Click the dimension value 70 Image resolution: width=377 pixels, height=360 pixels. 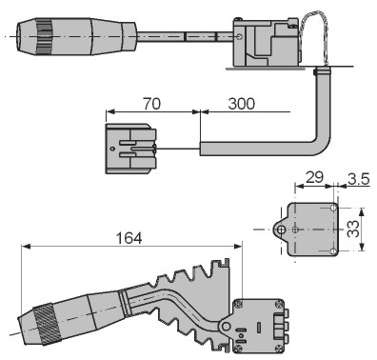[x=151, y=104]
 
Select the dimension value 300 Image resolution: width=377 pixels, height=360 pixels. [x=241, y=104]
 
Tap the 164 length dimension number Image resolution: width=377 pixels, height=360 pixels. [x=129, y=238]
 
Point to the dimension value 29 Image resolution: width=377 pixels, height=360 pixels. [x=314, y=177]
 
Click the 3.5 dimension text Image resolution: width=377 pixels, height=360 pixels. [x=359, y=179]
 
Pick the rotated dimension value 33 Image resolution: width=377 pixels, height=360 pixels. [x=353, y=229]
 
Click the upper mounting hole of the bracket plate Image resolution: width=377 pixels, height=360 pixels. [x=333, y=208]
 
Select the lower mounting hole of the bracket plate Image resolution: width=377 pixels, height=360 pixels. [x=332, y=251]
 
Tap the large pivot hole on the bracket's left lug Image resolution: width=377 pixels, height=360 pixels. [x=280, y=230]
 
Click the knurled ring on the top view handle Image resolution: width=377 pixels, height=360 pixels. [x=44, y=36]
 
